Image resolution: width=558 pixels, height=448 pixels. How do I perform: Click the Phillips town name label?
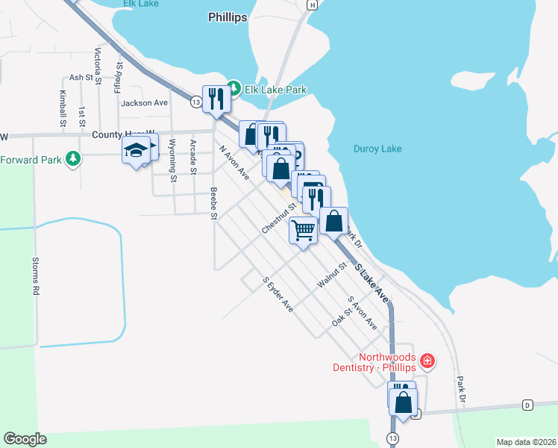pos(228,17)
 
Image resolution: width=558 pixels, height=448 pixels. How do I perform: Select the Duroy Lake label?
pos(377,149)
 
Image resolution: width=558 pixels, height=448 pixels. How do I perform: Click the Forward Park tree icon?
pos(72,159)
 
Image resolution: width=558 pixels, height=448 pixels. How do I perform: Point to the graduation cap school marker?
pos(136,151)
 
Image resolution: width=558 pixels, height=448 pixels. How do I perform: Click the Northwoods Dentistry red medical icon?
pos(427,361)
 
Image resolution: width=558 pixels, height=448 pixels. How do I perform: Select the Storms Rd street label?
pos(35,277)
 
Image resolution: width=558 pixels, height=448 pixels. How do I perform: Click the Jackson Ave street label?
pos(145,103)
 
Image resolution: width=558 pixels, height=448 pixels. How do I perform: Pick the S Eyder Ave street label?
pos(278,294)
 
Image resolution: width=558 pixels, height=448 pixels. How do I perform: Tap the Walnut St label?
pos(332,275)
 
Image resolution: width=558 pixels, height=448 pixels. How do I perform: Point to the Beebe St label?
pos(213,204)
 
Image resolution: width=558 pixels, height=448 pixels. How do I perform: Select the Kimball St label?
pos(62,108)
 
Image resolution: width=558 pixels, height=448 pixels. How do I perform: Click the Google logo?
pos(25,439)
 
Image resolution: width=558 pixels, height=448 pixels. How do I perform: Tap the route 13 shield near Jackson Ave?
pos(195,101)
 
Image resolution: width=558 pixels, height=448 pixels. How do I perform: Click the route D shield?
pos(527,405)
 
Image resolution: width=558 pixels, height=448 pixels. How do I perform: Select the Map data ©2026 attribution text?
pos(525,442)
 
